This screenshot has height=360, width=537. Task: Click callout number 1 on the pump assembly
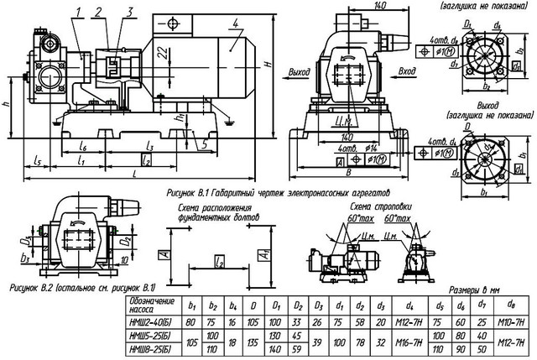79,10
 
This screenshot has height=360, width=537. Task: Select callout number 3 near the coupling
128,10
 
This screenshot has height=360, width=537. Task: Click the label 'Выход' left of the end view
298,73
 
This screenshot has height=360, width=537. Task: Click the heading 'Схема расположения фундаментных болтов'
217,211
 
